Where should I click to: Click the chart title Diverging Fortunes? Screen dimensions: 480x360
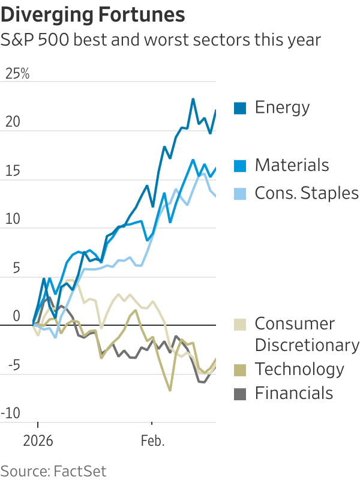click(92, 14)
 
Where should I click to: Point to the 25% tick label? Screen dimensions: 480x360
click(17, 74)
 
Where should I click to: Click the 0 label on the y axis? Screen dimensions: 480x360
click(16, 316)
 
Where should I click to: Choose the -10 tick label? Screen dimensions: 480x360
click(12, 413)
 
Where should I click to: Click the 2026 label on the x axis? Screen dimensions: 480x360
click(38, 441)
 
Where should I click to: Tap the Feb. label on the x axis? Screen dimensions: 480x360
click(153, 441)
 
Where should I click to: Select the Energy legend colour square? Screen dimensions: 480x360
click(240, 108)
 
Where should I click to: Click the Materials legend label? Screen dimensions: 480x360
click(292, 165)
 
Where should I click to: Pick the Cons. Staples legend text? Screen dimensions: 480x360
click(306, 193)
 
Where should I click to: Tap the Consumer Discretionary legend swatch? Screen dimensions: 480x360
click(240, 325)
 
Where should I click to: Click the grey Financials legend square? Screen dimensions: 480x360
click(240, 394)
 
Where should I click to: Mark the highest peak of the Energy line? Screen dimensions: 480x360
click(193, 99)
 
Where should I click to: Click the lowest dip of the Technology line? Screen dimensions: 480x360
click(170, 391)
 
